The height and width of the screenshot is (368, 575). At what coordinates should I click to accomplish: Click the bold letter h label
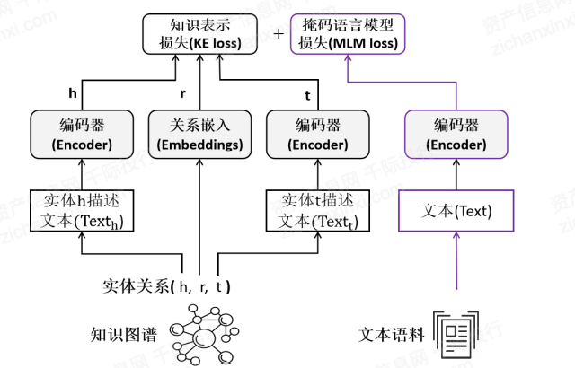(73, 92)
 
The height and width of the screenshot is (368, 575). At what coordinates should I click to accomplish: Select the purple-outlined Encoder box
(456, 134)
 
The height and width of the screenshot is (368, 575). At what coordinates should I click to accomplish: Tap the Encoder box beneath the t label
(316, 134)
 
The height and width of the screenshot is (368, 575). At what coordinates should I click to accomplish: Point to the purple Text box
(456, 212)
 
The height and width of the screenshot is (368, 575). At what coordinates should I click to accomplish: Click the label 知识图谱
(124, 335)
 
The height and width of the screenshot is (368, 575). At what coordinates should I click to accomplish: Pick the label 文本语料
(393, 335)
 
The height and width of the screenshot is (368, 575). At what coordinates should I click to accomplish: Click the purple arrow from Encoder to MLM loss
(456, 90)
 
